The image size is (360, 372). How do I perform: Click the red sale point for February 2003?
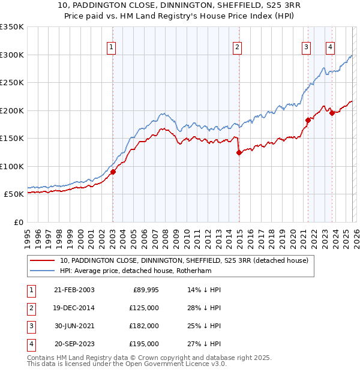[x=113, y=172]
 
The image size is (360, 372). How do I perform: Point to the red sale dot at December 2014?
[x=238, y=152]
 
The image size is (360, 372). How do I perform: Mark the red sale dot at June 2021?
[x=308, y=120]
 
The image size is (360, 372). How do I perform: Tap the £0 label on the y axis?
[x=19, y=222]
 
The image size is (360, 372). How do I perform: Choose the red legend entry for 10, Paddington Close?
[x=184, y=260]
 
